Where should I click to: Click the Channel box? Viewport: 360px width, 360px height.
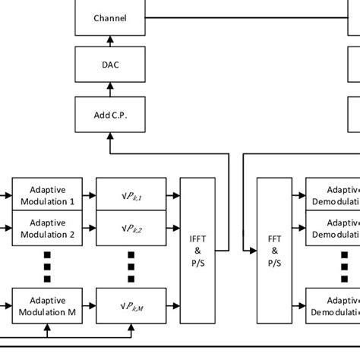point(110,17)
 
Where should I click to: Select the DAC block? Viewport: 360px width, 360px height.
point(110,65)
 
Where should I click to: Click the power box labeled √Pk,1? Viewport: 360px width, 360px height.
point(131,196)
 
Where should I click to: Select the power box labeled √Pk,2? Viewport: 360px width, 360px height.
point(131,228)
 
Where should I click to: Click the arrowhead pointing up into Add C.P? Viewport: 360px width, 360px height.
point(110,134)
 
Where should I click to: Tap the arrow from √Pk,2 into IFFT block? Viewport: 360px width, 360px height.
point(173,228)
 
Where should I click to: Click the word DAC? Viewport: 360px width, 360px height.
point(110,65)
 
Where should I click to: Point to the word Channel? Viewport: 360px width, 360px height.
point(110,17)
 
